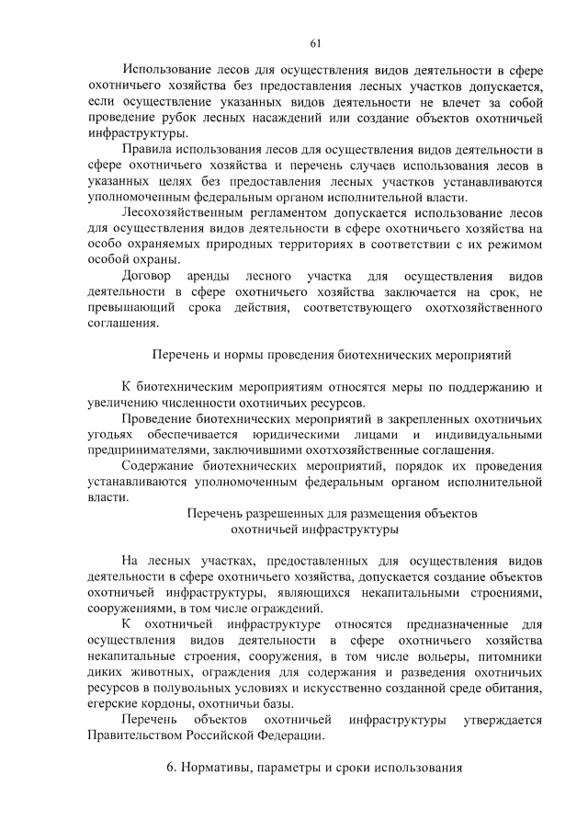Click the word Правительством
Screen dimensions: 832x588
(140, 735)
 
